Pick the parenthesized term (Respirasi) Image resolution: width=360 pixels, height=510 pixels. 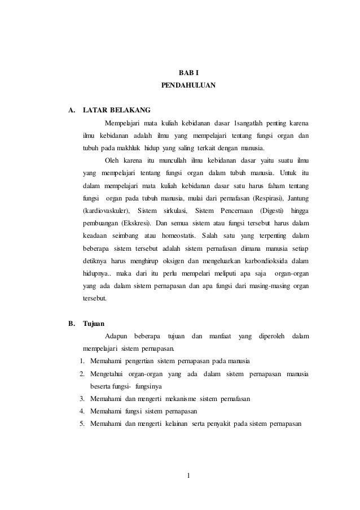270,198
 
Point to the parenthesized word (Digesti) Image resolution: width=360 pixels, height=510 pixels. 267,210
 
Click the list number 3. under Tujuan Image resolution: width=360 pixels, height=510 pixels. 82,399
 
